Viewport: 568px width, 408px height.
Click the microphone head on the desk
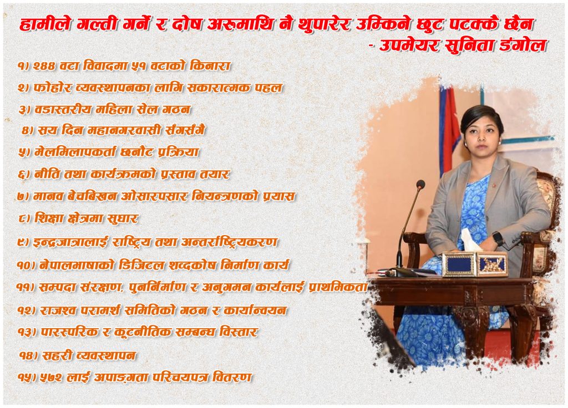[420, 185]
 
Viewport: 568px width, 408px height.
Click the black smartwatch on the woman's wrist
[498, 238]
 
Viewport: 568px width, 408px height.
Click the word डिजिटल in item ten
[141, 266]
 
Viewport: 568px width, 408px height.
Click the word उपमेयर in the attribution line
[409, 46]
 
